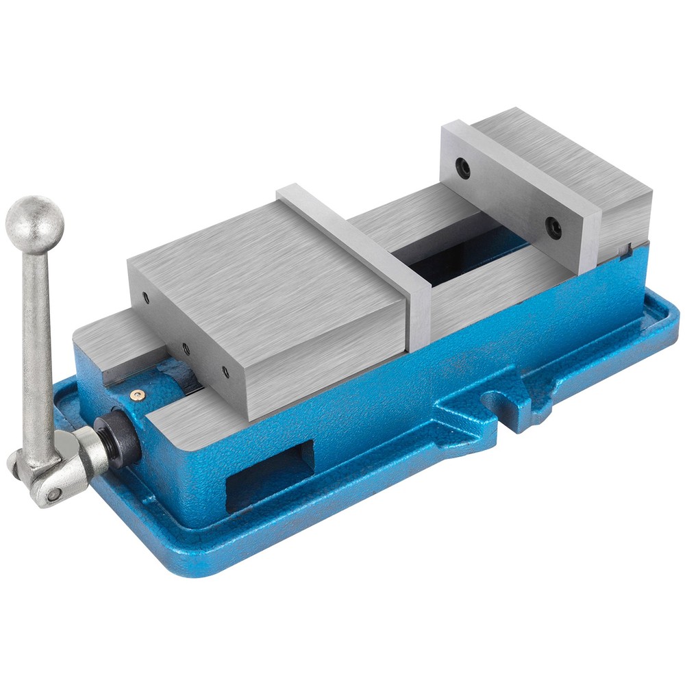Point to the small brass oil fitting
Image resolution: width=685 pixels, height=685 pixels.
138,394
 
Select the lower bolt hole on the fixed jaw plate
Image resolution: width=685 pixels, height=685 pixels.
553,227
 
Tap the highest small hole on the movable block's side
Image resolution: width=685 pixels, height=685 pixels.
146,297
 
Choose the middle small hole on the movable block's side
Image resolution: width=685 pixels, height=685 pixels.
186,349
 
